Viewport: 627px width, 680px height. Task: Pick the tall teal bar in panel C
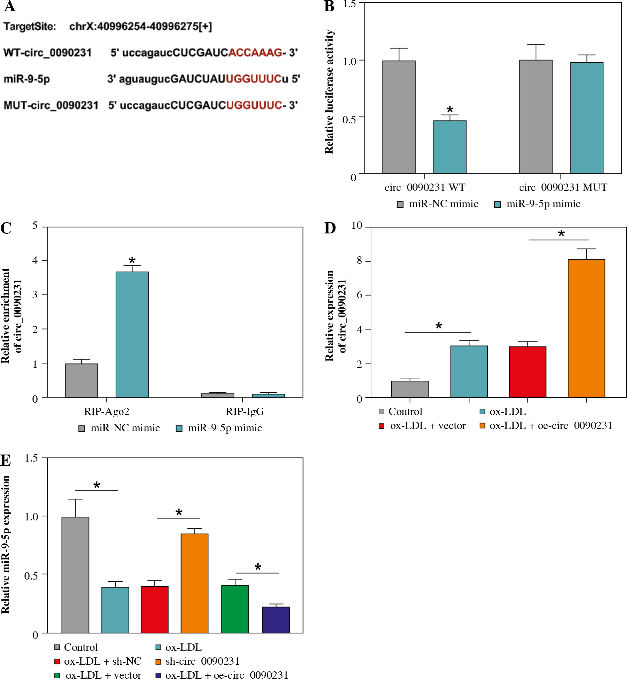click(x=132, y=334)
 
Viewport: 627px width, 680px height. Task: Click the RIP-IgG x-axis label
click(x=245, y=412)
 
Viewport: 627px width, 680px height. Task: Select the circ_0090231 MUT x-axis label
click(x=563, y=187)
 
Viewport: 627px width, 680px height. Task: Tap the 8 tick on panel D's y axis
click(x=359, y=261)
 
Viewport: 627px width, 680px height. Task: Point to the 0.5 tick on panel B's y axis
click(x=349, y=119)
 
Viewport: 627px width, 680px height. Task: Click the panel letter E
click(x=6, y=461)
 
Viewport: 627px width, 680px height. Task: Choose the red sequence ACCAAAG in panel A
click(x=255, y=53)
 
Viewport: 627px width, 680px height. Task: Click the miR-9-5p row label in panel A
click(x=27, y=79)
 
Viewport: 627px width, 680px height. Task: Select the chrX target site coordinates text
click(x=141, y=27)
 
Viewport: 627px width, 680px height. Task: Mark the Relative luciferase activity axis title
click(x=329, y=92)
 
